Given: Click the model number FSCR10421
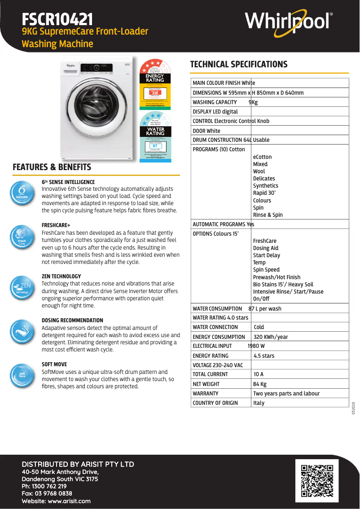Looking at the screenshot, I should (x=57, y=19).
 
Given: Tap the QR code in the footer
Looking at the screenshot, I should (x=317, y=481).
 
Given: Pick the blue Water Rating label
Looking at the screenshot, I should (x=155, y=136).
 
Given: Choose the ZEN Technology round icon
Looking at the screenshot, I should (x=22, y=288).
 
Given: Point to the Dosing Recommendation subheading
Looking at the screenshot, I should (x=72, y=320).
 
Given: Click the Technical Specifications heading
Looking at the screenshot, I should (x=239, y=64).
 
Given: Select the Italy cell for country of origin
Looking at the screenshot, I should (x=259, y=403).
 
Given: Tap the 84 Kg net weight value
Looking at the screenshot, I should (x=260, y=384).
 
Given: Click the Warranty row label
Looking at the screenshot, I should (x=206, y=393).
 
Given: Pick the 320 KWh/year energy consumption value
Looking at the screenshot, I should (x=271, y=337).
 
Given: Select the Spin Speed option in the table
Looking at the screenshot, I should (x=266, y=270).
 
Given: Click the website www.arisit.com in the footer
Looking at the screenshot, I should (x=69, y=501).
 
